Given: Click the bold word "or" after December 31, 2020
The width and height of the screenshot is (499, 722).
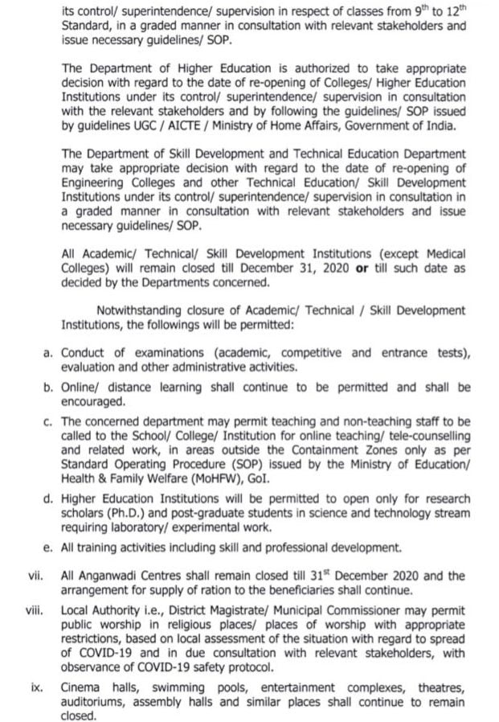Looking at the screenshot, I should [361, 268].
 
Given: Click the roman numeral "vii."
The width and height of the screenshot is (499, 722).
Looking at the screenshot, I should [36, 576].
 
